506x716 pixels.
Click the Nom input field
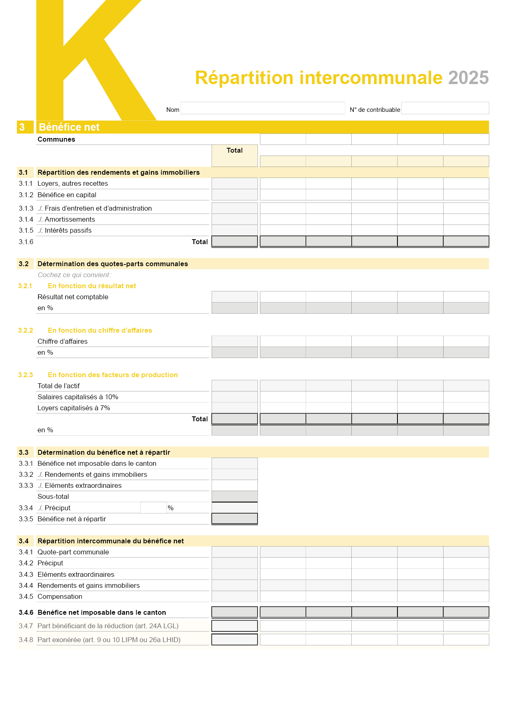pyautogui.click(x=262, y=108)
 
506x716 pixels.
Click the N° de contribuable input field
pyautogui.click(x=445, y=108)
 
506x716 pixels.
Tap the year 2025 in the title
pyautogui.click(x=468, y=78)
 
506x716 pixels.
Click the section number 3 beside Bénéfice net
pyautogui.click(x=22, y=127)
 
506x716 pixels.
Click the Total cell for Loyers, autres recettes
pyautogui.click(x=235, y=183)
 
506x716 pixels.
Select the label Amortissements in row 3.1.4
pyautogui.click(x=70, y=220)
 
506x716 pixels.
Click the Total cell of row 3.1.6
pyautogui.click(x=235, y=241)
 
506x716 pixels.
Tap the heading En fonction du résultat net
pyautogui.click(x=92, y=286)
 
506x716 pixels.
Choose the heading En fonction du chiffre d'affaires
pyautogui.click(x=100, y=331)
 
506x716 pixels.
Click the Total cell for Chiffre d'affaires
pyautogui.click(x=235, y=341)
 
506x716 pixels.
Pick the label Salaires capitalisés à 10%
pyautogui.click(x=78, y=397)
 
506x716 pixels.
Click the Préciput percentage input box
pyautogui.click(x=153, y=508)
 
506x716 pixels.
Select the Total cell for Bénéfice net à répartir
pyautogui.click(x=235, y=518)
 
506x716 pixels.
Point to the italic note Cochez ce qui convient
pyautogui.click(x=74, y=275)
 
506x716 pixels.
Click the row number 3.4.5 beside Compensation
pyautogui.click(x=26, y=597)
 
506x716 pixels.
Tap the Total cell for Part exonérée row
pyautogui.click(x=235, y=640)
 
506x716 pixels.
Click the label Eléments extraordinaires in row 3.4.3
pyautogui.click(x=76, y=575)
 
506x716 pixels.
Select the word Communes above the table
pyautogui.click(x=56, y=140)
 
